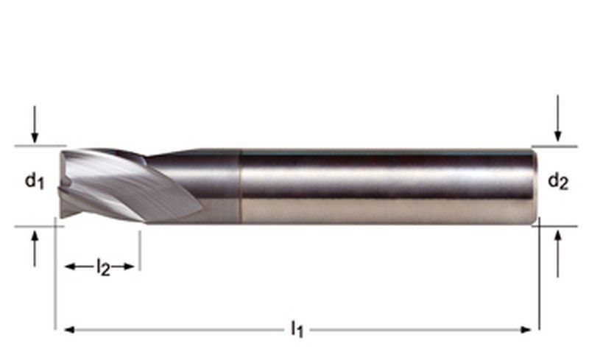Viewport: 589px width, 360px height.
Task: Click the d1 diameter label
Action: click(x=35, y=180)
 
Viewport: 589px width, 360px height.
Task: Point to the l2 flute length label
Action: click(x=103, y=267)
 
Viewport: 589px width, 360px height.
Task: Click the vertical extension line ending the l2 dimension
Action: click(x=139, y=250)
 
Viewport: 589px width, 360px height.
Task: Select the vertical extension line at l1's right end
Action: click(x=540, y=280)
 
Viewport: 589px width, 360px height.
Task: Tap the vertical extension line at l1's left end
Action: click(x=55, y=280)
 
